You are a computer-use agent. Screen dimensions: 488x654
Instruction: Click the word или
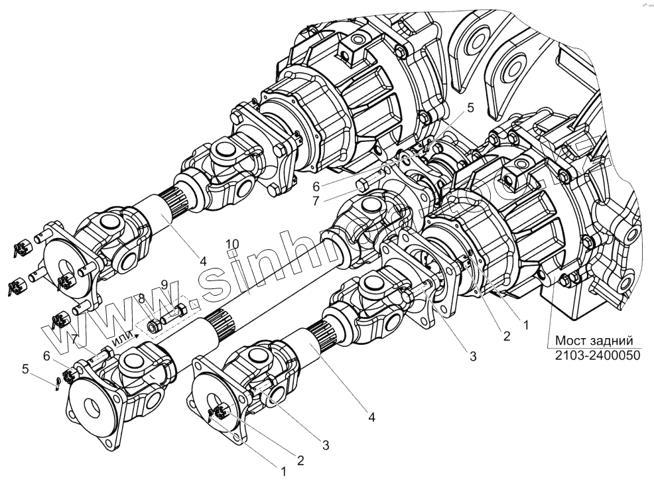(x=123, y=340)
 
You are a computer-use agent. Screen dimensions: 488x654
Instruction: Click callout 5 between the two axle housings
(x=470, y=107)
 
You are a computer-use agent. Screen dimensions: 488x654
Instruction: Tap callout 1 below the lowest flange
(x=284, y=472)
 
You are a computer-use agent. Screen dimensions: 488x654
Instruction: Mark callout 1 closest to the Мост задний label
(x=525, y=326)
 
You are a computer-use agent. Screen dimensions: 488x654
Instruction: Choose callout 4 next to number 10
(x=204, y=261)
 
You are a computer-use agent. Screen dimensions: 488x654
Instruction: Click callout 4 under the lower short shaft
(x=371, y=418)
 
